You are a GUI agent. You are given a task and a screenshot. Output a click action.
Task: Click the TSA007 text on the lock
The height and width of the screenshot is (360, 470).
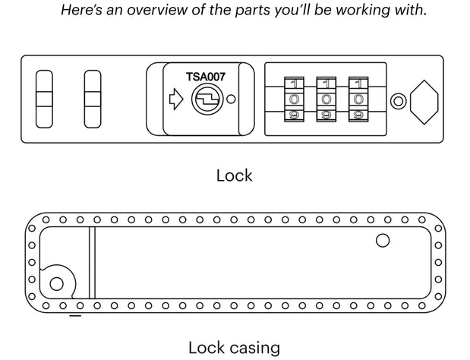tap(205, 77)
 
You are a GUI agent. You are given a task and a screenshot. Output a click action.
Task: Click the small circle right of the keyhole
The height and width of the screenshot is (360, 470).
tap(232, 99)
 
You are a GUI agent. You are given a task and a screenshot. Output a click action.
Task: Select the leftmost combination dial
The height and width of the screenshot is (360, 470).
tap(294, 99)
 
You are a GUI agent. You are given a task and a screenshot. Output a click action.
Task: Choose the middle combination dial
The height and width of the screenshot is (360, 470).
tap(326, 99)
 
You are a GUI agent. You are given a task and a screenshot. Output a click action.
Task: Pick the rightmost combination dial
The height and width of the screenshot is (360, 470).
tap(358, 99)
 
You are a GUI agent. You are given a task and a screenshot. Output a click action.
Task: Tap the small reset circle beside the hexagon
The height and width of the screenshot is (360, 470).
tap(397, 100)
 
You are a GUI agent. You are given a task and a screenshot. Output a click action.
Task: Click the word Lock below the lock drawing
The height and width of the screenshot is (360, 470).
tap(234, 175)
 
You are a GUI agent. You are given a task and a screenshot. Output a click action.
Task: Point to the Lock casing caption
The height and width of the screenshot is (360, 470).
tap(234, 348)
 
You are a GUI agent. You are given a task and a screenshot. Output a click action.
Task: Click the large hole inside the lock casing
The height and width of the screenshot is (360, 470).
tap(383, 242)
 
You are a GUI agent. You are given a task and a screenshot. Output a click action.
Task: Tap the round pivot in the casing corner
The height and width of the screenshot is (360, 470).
tap(56, 285)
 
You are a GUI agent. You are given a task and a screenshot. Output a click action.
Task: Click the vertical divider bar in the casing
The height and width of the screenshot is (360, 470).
tap(91, 263)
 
